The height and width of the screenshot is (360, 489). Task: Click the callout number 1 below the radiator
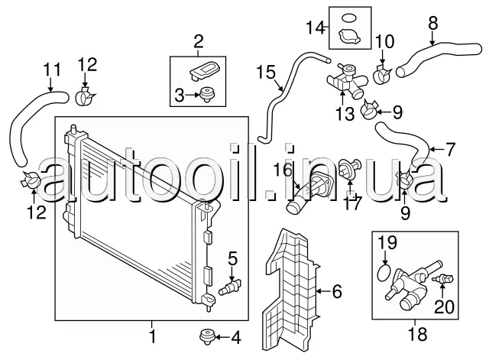coord(152,336)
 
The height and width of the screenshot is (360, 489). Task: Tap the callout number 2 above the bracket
coord(198,40)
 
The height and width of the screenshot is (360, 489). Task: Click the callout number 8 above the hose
coord(432,23)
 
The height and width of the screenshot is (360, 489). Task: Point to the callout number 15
coord(265,73)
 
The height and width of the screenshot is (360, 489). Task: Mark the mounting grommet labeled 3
coord(206,95)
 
